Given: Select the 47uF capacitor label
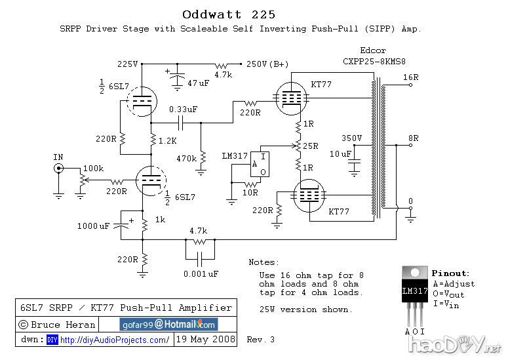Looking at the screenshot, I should coord(198,83).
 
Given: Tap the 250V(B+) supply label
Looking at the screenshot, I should coord(267,64).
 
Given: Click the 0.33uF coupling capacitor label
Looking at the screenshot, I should coord(183,109).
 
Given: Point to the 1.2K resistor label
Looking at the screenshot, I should coord(168,140).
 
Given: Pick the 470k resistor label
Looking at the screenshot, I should coord(186,158).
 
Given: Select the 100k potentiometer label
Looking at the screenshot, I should coord(92,169).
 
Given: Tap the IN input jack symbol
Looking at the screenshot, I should coord(58,169).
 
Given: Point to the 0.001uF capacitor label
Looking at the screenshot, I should coord(201,273).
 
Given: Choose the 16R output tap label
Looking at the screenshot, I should coord(411,77).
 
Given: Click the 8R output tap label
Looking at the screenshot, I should coord(414,138).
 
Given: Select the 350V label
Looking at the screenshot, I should coord(352,138).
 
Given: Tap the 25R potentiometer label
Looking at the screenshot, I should coord(310,146).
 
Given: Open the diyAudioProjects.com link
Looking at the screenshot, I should coord(115,340).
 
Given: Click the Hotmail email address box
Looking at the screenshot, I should coord(168,325).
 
